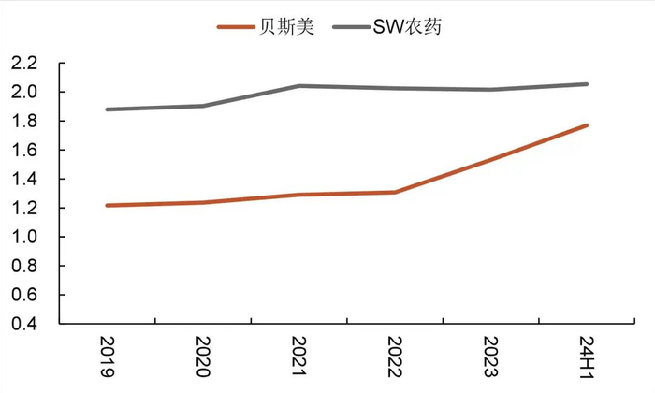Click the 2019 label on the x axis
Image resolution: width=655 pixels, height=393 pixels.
(107, 357)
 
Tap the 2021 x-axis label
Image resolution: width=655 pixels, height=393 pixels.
(298, 357)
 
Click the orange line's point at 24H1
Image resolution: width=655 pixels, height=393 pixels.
(587, 125)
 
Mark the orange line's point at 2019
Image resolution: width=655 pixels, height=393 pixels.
(107, 205)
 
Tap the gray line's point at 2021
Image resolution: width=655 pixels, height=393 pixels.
(298, 86)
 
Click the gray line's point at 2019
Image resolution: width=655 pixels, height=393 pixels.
(107, 109)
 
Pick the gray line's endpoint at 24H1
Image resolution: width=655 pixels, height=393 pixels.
(587, 84)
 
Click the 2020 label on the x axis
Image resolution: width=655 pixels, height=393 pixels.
(203, 357)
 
